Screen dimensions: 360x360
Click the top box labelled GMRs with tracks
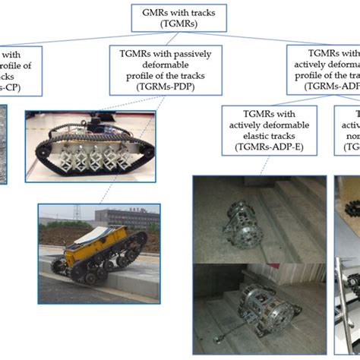tap(180, 17)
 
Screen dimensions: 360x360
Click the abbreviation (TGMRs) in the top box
tap(180, 24)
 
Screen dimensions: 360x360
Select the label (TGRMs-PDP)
tap(158, 87)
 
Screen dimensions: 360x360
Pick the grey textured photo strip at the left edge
tap(6, 137)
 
